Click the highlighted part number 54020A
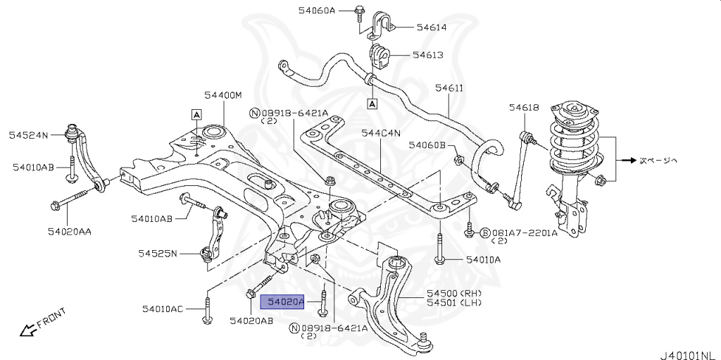tap(283, 302)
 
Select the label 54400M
tap(222, 95)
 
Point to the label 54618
tap(524, 107)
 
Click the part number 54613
tap(427, 54)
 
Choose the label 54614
tap(432, 27)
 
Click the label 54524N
tap(28, 134)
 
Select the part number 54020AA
tap(70, 230)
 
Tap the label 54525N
tap(158, 253)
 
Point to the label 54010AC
tap(162, 309)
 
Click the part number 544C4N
tap(381, 132)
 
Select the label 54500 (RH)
tap(451, 292)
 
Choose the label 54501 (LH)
tap(451, 303)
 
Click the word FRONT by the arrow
tap(51, 318)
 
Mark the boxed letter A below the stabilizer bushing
tap(372, 104)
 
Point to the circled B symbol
tap(484, 232)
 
